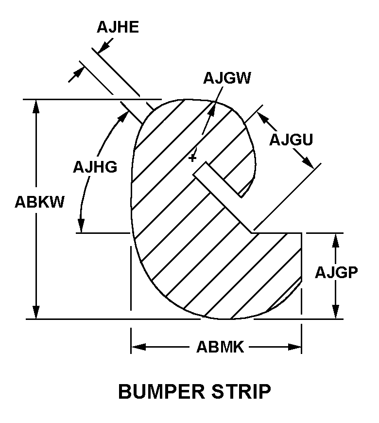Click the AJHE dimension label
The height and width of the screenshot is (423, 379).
pos(118,27)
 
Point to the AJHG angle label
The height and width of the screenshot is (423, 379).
pos(95,167)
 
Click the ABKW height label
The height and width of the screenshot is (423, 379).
pos(39,202)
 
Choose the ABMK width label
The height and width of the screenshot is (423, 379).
pos(220,347)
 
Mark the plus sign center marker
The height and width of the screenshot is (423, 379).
pos(193,158)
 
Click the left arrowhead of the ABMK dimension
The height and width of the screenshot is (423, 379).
pos(138,347)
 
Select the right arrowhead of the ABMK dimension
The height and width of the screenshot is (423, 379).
pos(295,347)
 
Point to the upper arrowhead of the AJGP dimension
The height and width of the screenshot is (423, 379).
pos(335,239)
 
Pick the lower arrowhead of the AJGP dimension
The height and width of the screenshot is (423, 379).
pos(335,313)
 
